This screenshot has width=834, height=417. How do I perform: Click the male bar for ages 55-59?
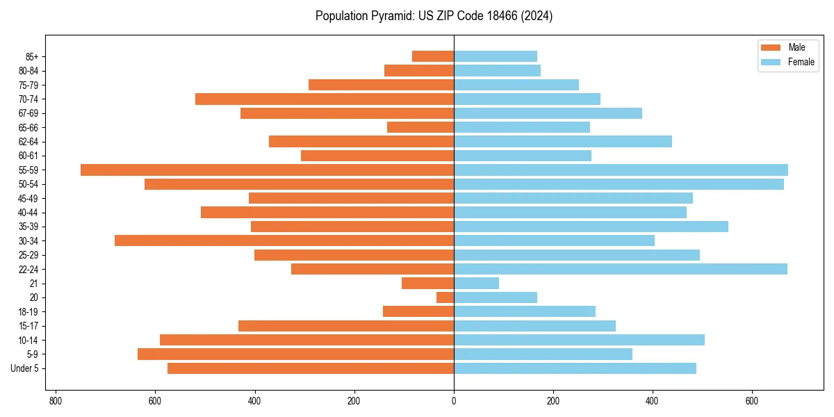pos(267,170)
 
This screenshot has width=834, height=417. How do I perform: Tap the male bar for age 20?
pos(445,297)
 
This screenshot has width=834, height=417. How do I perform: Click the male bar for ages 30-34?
pos(284,240)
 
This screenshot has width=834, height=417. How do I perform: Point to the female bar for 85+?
pos(496,56)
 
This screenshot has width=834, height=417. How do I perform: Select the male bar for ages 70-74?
pos(325,99)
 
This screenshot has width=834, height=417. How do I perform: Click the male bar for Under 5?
pos(311,368)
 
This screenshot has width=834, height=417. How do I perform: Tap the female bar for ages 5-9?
pos(543,354)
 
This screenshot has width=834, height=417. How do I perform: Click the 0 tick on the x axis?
pos(454,401)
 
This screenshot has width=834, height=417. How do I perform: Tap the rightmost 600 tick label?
pos(751,401)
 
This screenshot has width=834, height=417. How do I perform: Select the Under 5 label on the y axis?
pos(25,368)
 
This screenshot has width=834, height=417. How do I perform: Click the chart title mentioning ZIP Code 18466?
pos(434,16)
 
